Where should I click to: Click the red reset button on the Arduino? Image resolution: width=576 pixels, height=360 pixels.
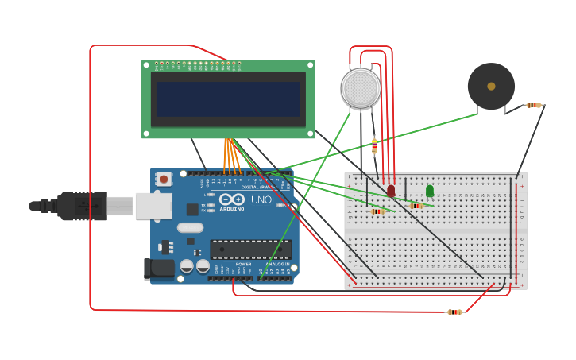click(x=164, y=179)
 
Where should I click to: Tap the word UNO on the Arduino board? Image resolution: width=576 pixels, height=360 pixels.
click(x=261, y=199)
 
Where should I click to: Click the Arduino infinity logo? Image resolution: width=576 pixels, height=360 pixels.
click(x=232, y=199)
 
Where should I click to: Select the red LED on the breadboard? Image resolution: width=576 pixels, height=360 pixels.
click(x=391, y=191)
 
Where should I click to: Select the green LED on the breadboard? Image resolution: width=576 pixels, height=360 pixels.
click(x=430, y=191)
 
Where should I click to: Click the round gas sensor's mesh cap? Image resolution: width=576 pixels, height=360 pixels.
click(x=361, y=87)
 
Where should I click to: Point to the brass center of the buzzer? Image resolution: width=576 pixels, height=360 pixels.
click(x=491, y=86)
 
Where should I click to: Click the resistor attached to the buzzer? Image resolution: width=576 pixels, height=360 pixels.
click(x=534, y=105)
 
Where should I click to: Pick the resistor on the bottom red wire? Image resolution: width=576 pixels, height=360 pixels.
click(x=454, y=312)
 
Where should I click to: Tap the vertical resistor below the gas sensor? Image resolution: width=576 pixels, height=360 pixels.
click(x=374, y=146)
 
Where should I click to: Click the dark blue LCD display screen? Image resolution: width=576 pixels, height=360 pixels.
click(x=228, y=99)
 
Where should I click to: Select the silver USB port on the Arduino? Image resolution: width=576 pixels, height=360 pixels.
click(x=153, y=206)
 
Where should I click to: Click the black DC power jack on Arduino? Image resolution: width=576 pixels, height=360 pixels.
click(x=159, y=269)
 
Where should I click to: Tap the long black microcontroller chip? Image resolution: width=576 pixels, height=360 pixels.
click(x=250, y=250)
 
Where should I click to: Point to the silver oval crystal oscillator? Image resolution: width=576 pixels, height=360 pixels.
click(x=190, y=228)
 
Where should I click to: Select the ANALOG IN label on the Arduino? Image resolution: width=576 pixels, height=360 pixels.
click(x=276, y=264)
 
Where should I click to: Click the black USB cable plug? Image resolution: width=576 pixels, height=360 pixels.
click(x=79, y=206)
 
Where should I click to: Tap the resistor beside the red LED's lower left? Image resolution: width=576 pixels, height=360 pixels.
click(x=377, y=211)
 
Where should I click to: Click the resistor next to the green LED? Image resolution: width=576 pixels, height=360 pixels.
click(x=416, y=206)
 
